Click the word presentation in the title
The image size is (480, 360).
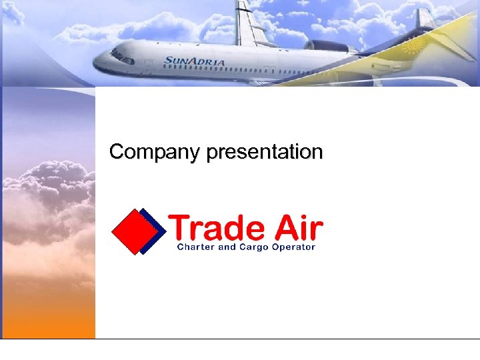tap(265, 153)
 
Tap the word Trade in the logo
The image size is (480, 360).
tap(217, 229)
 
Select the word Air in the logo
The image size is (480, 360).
tap(297, 229)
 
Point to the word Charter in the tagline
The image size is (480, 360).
tap(197, 247)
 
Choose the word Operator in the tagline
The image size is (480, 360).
tap(293, 247)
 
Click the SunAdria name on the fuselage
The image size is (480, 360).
tap(195, 61)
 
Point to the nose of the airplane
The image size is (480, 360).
tap(98, 63)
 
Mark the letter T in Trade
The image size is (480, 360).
tap(181, 229)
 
